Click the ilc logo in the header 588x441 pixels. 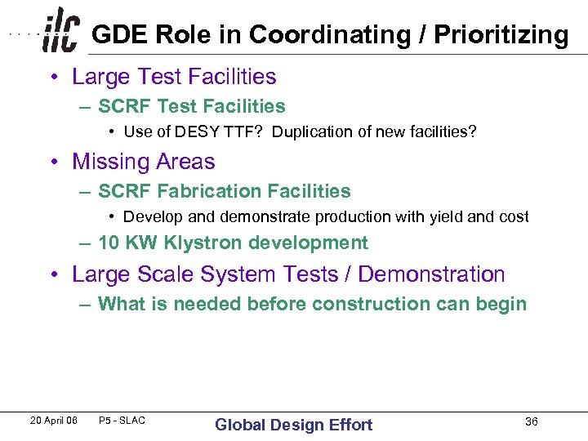(62, 30)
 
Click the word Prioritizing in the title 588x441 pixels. (501, 35)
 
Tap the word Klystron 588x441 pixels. (203, 243)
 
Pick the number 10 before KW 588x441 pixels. (109, 243)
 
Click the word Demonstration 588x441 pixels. (432, 274)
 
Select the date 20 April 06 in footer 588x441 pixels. (53, 421)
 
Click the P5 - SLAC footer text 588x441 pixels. (122, 421)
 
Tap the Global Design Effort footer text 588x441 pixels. (293, 424)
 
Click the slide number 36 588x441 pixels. (531, 421)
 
